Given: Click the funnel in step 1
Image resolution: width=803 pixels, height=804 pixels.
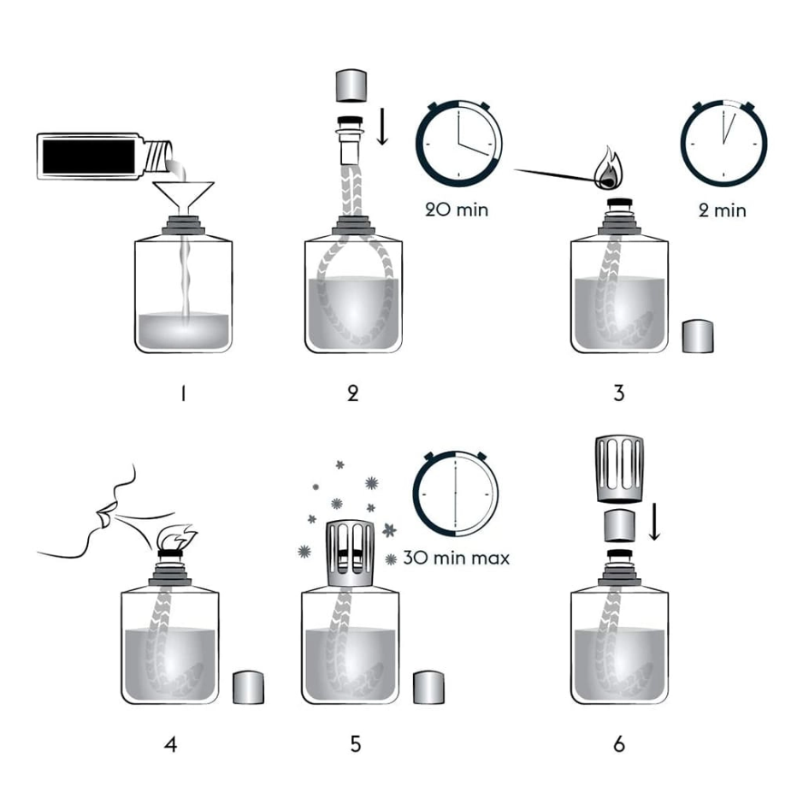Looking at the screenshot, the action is point(185,195).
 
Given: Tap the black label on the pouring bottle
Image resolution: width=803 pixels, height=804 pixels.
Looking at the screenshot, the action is point(89,157).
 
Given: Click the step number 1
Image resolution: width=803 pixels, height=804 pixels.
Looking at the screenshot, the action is point(183,393).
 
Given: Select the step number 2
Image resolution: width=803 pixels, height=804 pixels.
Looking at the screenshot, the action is point(353,393).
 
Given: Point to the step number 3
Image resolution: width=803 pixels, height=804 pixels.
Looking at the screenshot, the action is point(619,393).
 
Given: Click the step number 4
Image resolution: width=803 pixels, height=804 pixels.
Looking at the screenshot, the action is point(171,744).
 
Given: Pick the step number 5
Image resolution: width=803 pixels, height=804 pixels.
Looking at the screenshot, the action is point(356,744).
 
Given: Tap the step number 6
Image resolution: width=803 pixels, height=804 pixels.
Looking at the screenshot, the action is point(619,744).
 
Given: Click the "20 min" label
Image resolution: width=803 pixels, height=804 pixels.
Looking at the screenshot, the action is point(457,210).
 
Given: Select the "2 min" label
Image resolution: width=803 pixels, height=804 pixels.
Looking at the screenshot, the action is point(722,210).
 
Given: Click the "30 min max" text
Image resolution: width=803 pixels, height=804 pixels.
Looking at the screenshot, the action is point(457,558).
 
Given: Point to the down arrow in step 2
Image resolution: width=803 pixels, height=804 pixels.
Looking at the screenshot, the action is point(382,126).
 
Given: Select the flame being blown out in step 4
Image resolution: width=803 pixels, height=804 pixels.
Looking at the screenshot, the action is point(176,537).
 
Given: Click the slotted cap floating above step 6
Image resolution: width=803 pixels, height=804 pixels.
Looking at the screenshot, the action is point(619,469).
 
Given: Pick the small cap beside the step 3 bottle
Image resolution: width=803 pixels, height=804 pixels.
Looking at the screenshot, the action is point(698,336).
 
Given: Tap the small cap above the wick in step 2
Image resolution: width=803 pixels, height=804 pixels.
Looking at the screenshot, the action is point(351,86).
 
